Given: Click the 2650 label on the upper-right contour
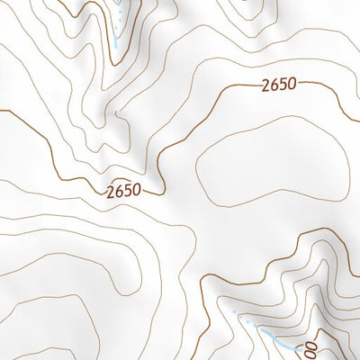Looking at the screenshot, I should pyautogui.click(x=277, y=86).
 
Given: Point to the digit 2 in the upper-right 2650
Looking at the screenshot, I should pyautogui.click(x=264, y=86).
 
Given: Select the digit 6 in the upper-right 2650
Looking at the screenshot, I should pyautogui.click(x=273, y=86).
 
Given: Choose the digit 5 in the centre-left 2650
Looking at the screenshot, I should pyautogui.click(x=129, y=191).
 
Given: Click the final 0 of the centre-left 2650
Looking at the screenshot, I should pyautogui.click(x=138, y=191).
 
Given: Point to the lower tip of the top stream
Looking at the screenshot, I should pyautogui.click(x=116, y=47).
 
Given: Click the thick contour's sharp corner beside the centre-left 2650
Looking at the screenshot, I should pyautogui.click(x=161, y=192).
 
